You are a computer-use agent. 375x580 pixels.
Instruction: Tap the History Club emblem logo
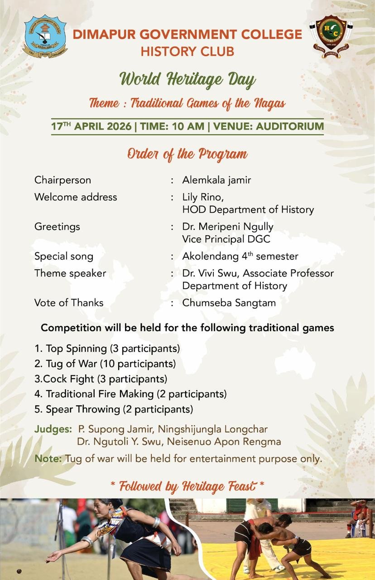click(332, 37)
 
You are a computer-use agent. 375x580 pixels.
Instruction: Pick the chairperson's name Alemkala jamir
click(216, 180)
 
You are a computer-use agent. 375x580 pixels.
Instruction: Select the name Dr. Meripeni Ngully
click(228, 226)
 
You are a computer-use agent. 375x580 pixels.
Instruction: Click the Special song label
click(64, 256)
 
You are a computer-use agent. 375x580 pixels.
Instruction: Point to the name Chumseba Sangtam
click(229, 303)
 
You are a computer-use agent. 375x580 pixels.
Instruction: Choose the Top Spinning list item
click(107, 349)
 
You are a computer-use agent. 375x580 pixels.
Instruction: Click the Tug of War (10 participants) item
click(105, 363)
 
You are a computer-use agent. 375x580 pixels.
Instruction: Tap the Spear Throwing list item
click(114, 409)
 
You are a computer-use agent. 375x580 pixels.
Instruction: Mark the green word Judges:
click(53, 429)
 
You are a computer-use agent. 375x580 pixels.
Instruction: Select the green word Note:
click(48, 458)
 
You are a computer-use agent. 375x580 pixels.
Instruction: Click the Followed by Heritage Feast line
click(187, 487)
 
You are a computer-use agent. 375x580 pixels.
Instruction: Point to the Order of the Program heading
click(187, 154)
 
